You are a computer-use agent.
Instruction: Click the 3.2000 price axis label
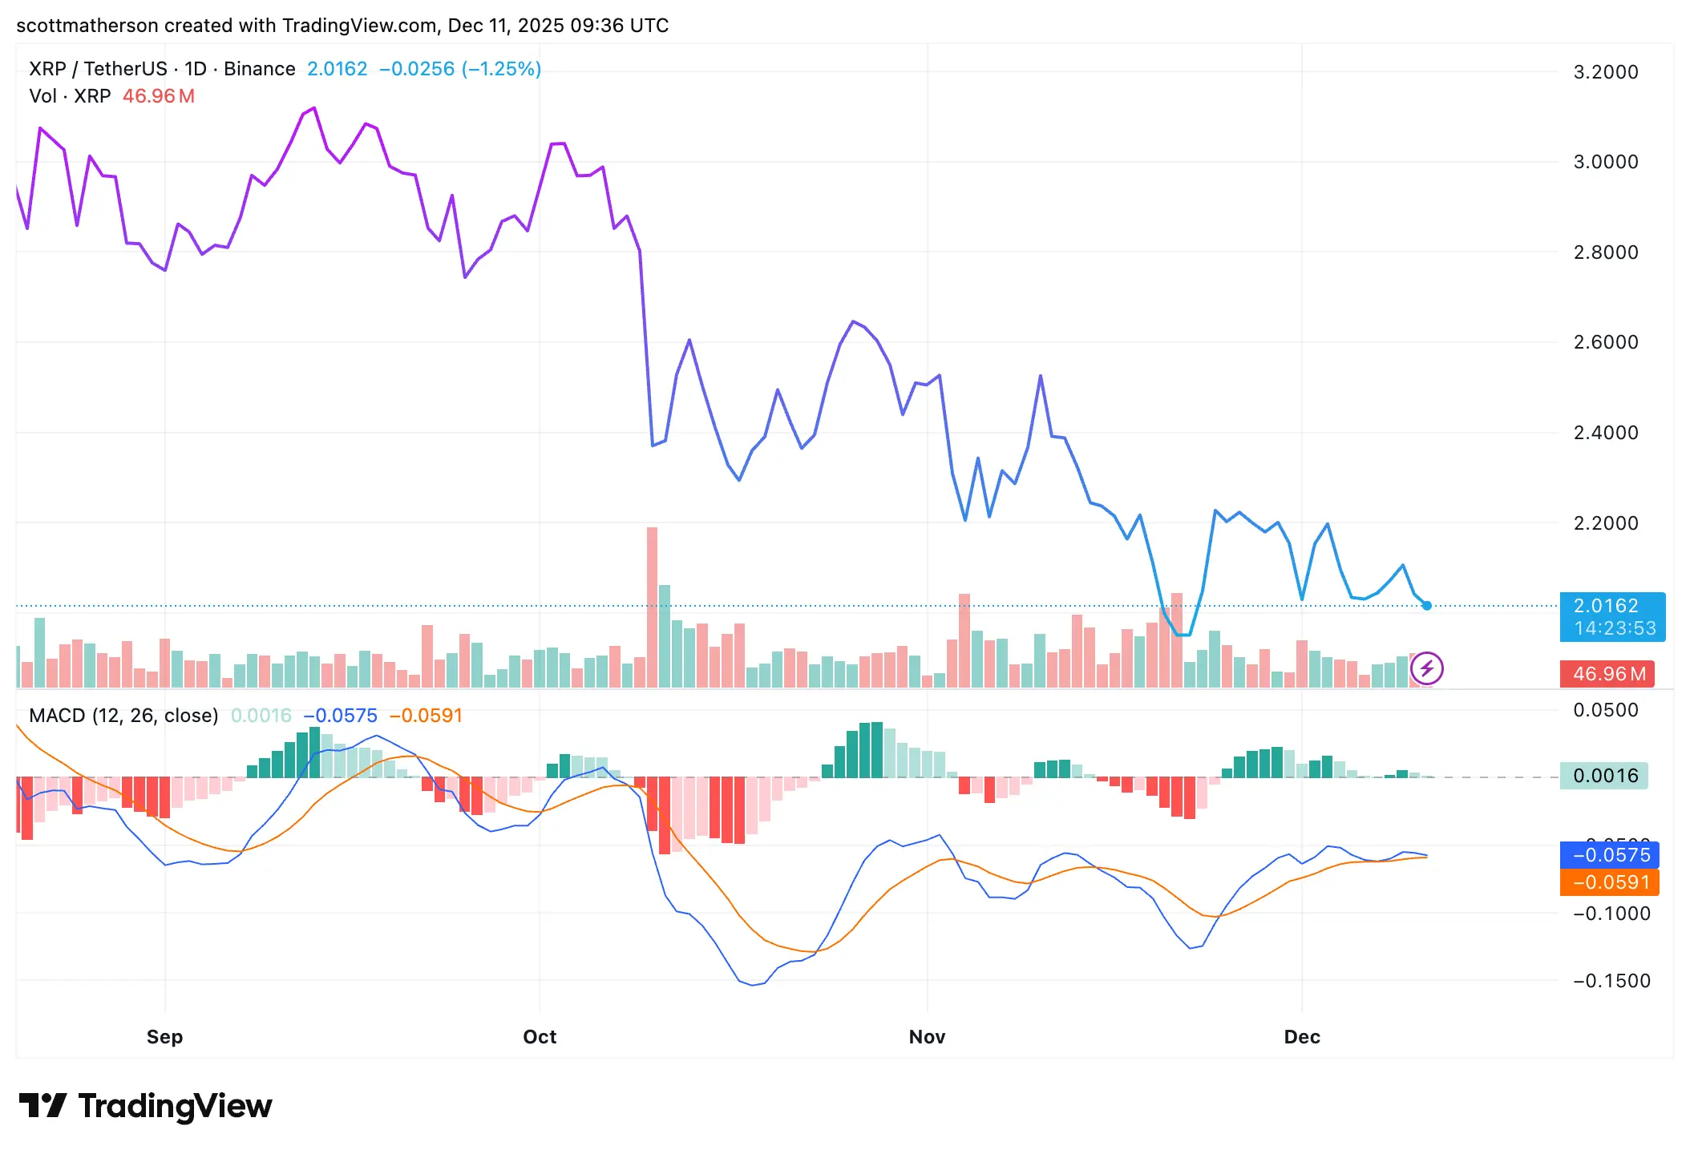(1605, 72)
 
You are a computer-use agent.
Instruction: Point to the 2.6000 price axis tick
(1605, 342)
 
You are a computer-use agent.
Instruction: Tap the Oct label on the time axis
(540, 1037)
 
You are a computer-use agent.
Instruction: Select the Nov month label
(927, 1037)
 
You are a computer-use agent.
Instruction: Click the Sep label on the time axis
(164, 1037)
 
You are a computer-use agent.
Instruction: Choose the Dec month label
(1302, 1037)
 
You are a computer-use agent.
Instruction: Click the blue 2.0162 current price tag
(1612, 616)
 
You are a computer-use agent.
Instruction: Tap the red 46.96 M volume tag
(1609, 674)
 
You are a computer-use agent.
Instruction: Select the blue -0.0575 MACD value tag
(1609, 855)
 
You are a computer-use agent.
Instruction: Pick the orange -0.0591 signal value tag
(1609, 882)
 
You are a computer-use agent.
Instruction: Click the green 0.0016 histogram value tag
(1603, 776)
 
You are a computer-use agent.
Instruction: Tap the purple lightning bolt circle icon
(1427, 668)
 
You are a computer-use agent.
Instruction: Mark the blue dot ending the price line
(1427, 606)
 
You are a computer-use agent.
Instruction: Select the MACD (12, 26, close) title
(123, 716)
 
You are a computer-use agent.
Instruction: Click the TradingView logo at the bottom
(145, 1106)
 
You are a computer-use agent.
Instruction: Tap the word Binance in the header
(260, 69)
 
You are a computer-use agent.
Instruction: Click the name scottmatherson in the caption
(87, 26)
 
